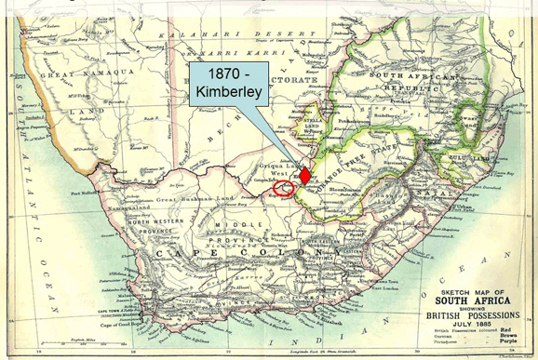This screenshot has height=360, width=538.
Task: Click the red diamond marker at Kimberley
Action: point(303,176)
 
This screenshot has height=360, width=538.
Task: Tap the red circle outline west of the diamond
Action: point(285,188)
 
